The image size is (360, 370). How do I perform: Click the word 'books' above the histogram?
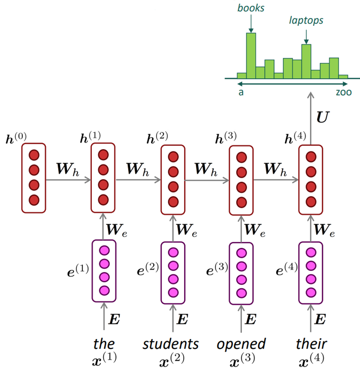pos(251,8)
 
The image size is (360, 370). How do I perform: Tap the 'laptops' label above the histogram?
pos(306,21)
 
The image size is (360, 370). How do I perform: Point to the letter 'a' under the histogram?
pos(241,92)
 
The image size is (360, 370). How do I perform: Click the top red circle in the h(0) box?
pos(34,156)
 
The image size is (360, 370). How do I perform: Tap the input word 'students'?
pos(171,344)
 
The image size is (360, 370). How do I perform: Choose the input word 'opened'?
pos(241,344)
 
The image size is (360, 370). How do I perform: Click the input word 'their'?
pos(311,344)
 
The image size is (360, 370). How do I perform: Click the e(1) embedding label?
pos(78,270)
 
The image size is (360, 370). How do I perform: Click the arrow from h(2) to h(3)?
pos(207,179)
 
